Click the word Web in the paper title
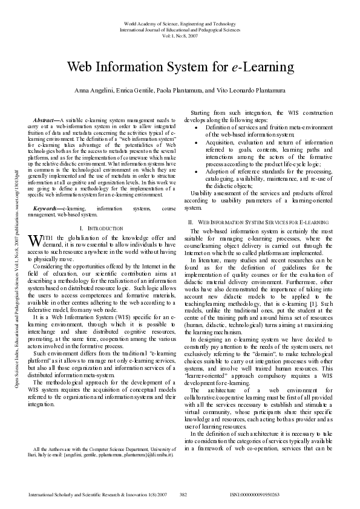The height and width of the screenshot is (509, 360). pyautogui.click(x=81, y=66)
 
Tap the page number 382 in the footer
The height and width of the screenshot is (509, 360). pyautogui.click(x=184, y=494)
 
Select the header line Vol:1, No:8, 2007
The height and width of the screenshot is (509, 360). pyautogui.click(x=180, y=36)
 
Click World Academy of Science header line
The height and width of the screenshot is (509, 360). pyautogui.click(x=180, y=22)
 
